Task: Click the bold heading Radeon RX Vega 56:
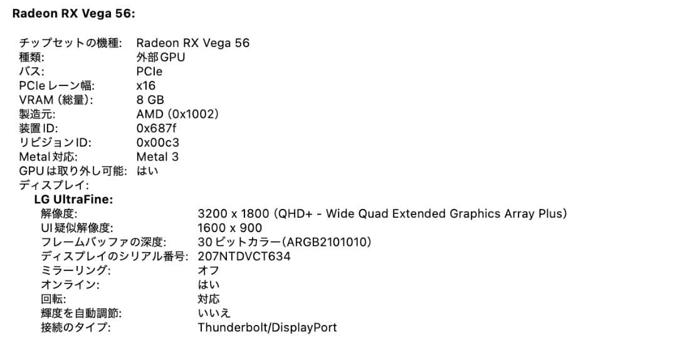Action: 73,13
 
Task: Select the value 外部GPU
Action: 160,57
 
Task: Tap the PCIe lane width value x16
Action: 145,85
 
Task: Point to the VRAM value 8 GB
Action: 150,100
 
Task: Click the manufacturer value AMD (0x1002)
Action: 177,114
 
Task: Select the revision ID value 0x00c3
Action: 157,142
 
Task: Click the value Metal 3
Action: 157,157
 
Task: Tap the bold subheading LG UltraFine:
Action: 73,199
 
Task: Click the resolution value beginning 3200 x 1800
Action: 382,214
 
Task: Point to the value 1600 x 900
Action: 229,228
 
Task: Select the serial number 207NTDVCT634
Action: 244,257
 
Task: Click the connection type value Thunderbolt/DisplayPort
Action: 267,327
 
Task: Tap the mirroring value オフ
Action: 208,270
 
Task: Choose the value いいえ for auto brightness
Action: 214,313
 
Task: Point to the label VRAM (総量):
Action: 56,100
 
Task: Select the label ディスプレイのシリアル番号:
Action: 115,257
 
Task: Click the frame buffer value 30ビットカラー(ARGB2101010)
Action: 284,242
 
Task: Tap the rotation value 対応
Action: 208,299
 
